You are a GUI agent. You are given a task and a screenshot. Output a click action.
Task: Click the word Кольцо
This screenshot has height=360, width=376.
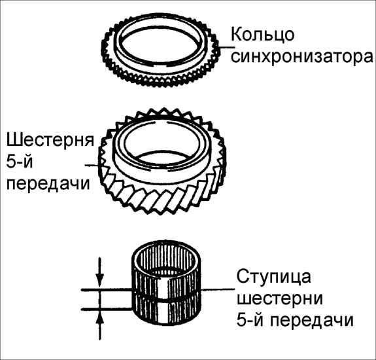tap(263, 34)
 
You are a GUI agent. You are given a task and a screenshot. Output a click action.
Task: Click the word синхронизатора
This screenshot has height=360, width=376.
tap(302, 57)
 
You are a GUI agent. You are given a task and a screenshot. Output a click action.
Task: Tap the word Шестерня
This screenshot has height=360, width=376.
tap(50, 140)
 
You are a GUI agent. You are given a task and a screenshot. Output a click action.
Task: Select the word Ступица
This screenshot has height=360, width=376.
tap(273, 278)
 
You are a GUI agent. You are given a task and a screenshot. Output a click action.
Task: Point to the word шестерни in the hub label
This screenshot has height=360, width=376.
tap(280, 298)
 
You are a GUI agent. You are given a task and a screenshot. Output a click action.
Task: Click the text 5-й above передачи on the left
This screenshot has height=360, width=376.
tap(19, 162)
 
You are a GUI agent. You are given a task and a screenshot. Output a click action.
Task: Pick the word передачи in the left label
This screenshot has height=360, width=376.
tap(48, 185)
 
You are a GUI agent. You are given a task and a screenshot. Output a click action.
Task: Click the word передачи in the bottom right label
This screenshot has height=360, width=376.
tap(312, 319)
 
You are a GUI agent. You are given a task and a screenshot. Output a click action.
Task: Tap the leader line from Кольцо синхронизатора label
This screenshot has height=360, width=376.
tap(225, 47)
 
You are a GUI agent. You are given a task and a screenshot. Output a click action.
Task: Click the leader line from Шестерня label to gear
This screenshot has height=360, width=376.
tap(92, 165)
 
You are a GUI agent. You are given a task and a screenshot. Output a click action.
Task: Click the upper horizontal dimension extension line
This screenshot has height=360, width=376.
tap(107, 290)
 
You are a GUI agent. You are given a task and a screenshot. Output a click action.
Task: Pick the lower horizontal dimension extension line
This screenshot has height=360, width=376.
tap(107, 309)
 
